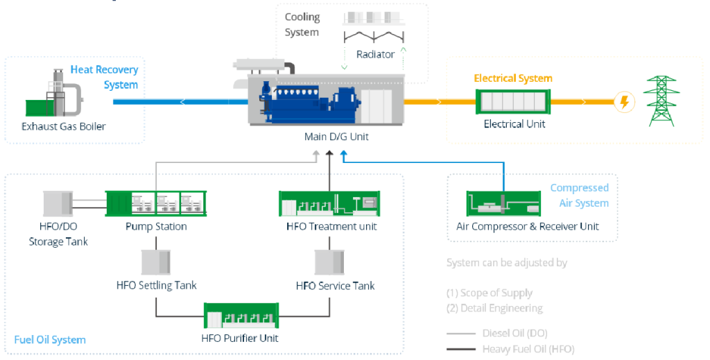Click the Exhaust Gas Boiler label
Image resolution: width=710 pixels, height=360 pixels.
[64, 126]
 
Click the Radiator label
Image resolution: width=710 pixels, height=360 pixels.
[375, 54]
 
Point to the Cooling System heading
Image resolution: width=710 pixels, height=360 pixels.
[302, 24]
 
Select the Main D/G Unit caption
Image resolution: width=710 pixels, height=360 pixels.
[336, 137]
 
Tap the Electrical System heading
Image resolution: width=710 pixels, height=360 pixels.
[513, 78]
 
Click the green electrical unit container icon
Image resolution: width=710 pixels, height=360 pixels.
[514, 103]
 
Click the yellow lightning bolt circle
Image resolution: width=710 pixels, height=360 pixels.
[625, 103]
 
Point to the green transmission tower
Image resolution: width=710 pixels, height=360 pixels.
[661, 101]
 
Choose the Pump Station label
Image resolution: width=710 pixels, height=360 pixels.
[156, 226]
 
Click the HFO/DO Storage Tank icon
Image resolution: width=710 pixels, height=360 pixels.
[58, 204]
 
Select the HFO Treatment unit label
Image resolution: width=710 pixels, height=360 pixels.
[331, 226]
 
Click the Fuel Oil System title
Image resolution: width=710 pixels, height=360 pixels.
[50, 340]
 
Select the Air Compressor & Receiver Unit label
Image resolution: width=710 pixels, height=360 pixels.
[527, 226]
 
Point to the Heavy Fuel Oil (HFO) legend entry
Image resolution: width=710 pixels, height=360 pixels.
[528, 349]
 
